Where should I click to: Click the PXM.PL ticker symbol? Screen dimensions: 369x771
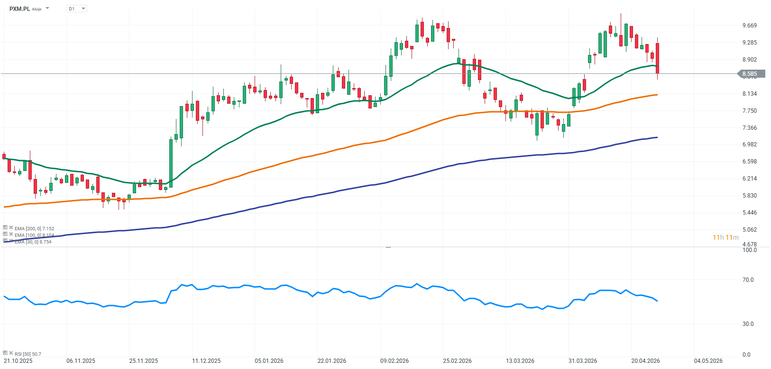20,9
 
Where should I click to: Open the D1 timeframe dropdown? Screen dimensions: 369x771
77,9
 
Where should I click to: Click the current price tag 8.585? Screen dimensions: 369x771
751,74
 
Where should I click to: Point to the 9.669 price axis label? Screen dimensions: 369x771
750,26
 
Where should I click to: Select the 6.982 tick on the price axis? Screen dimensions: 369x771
750,144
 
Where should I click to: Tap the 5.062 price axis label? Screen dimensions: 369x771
750,230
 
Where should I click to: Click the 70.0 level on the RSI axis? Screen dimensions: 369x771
748,280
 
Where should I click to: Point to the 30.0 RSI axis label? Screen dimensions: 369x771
748,324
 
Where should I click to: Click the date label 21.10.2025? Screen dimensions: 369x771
18,361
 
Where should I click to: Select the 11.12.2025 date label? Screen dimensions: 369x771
206,361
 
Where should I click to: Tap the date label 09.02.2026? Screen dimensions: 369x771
395,361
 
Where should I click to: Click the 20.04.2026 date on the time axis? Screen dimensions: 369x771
645,361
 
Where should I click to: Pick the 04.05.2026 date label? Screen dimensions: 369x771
708,361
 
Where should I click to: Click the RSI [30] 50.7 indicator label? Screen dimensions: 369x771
28,354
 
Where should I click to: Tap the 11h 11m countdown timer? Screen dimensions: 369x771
725,237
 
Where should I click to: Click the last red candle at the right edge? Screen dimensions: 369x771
657,58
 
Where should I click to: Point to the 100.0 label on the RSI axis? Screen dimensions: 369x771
749,250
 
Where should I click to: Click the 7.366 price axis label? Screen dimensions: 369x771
750,128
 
